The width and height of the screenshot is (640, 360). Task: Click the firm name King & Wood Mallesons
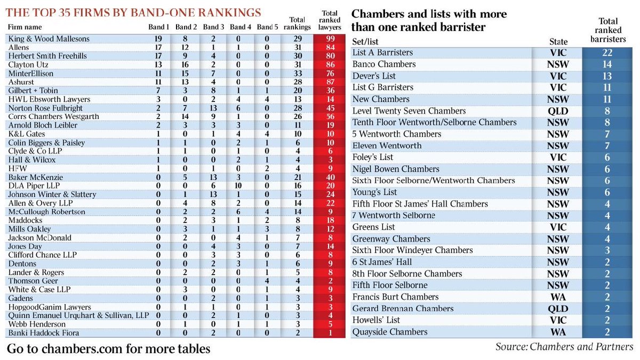pyautogui.click(x=49, y=39)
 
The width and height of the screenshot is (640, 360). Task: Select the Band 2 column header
pyautogui.click(x=186, y=27)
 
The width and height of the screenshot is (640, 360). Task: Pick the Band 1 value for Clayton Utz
pyautogui.click(x=158, y=65)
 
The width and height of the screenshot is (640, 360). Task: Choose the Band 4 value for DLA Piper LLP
pyautogui.click(x=240, y=186)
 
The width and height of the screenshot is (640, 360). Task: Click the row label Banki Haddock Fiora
pyautogui.click(x=44, y=333)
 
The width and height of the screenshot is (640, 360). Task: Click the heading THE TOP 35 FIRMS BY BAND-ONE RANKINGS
pyautogui.click(x=134, y=12)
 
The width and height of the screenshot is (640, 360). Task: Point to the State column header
pyautogui.click(x=558, y=42)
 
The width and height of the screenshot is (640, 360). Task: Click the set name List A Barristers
pyautogui.click(x=382, y=53)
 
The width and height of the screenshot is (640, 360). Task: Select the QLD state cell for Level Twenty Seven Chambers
pyautogui.click(x=558, y=111)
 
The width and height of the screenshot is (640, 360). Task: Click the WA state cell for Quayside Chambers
pyautogui.click(x=558, y=332)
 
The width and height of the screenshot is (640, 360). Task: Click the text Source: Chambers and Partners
pyautogui.click(x=564, y=347)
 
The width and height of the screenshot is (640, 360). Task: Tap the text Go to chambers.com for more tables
pyautogui.click(x=109, y=349)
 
